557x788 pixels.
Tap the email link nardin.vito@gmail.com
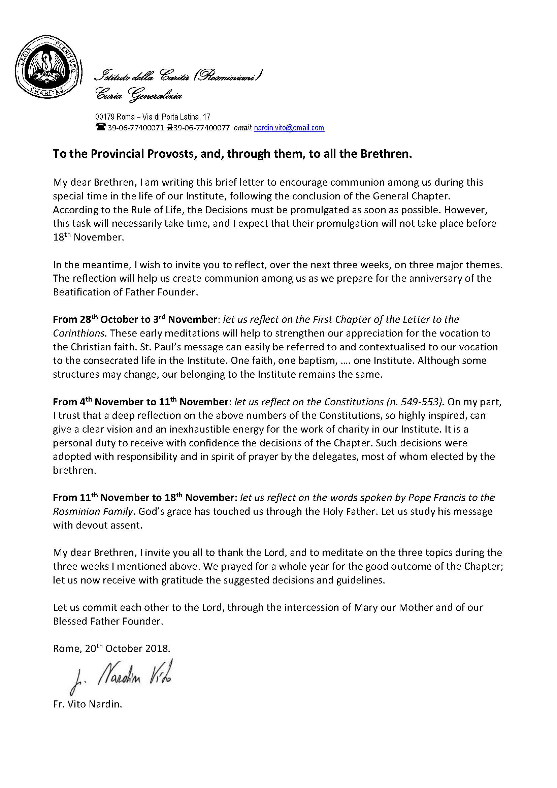tap(289, 128)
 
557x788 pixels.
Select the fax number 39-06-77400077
tap(202, 128)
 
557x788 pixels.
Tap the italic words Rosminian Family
tap(93, 511)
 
